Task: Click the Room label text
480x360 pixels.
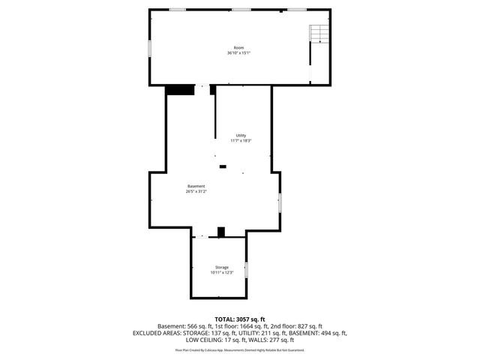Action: [239, 47]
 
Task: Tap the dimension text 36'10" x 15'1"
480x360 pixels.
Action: [239, 53]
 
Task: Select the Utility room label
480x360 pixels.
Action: [241, 135]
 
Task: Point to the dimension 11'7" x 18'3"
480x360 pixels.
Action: [241, 141]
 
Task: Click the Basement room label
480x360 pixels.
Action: [196, 186]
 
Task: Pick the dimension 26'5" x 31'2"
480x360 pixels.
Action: [196, 192]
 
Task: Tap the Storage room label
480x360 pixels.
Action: [222, 267]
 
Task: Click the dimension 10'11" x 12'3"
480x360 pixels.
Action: [222, 273]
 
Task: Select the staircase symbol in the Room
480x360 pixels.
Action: [320, 34]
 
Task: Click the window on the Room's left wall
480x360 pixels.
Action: [149, 47]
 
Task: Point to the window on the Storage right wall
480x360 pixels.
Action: [246, 270]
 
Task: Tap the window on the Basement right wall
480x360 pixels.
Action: [280, 202]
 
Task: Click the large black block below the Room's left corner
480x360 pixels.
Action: [178, 90]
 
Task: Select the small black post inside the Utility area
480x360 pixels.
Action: [222, 166]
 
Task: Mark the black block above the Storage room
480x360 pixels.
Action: [220, 232]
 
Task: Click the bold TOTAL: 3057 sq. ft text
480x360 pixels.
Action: [239, 319]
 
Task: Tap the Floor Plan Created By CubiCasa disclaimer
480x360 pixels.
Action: [239, 350]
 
